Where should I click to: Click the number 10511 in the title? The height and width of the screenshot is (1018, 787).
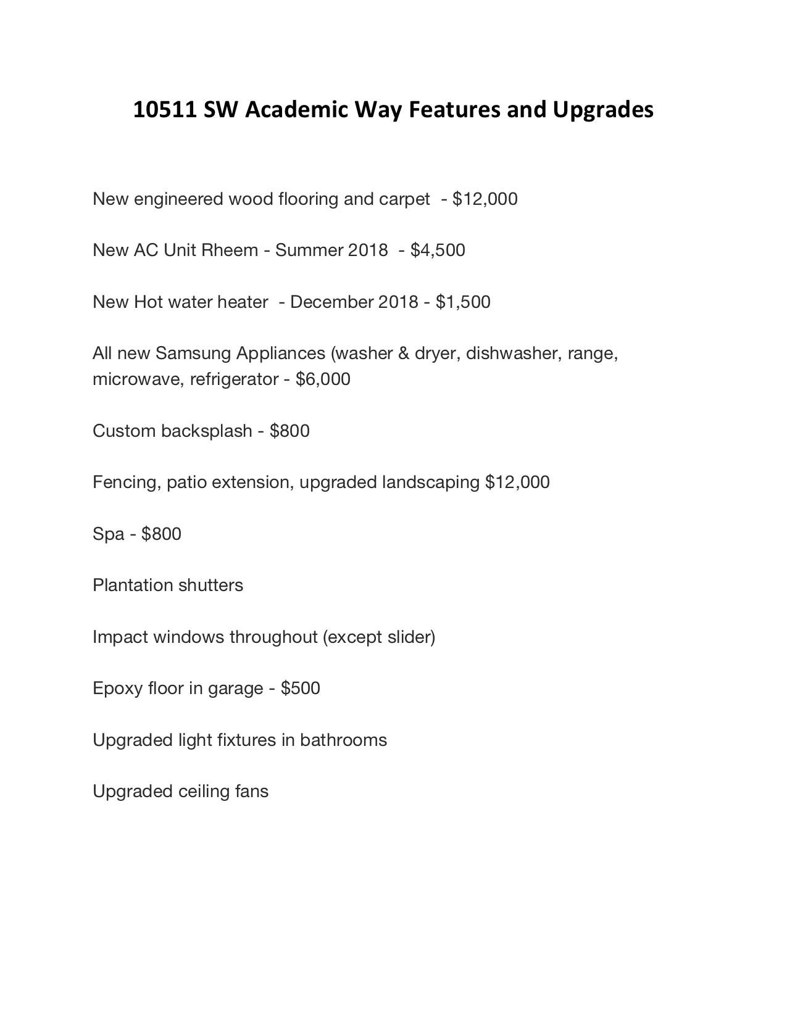[x=165, y=110]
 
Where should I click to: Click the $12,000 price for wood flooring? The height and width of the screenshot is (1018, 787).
[x=485, y=199]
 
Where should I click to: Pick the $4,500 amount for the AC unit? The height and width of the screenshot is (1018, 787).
[x=438, y=250]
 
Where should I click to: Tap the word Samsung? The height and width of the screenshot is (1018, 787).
[x=193, y=354]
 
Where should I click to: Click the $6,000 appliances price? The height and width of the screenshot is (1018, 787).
[x=323, y=379]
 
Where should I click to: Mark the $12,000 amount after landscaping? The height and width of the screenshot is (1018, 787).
[x=517, y=482]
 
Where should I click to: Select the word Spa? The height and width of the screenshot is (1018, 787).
[x=109, y=534]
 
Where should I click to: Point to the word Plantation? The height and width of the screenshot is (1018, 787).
[x=133, y=586]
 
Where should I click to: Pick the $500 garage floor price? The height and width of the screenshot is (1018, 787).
[x=300, y=689]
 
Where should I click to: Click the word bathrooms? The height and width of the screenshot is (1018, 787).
[x=343, y=740]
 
